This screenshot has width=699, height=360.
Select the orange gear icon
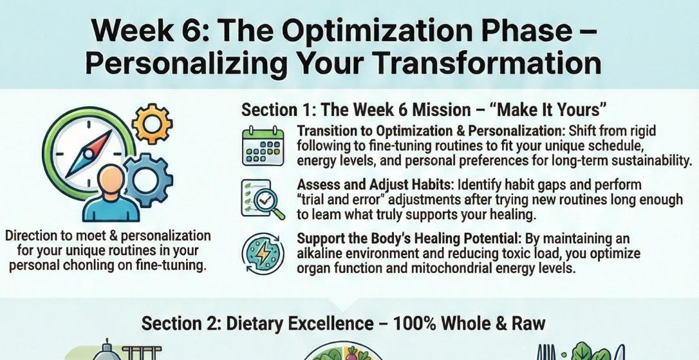pos(152,124)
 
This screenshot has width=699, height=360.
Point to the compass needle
pos(89,154)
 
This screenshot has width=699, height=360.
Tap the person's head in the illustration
pos(111,179)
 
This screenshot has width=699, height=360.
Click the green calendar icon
pos(263,146)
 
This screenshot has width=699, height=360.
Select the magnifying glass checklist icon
pos(263,200)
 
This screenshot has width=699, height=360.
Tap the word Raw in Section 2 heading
pos(529,323)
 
